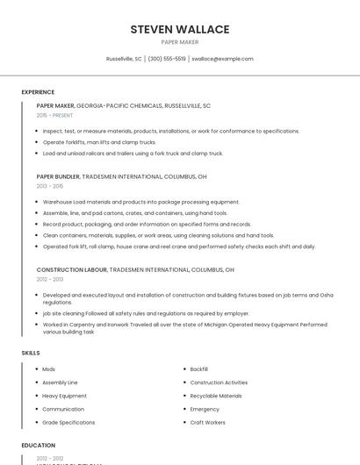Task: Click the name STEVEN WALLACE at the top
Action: (x=179, y=29)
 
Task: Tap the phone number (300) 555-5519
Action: (x=167, y=59)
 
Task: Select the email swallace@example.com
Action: (x=222, y=59)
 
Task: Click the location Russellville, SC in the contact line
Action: (x=124, y=59)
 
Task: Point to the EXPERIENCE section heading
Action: (x=38, y=92)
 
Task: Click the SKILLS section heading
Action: (x=31, y=353)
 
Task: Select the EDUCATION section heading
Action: (x=38, y=445)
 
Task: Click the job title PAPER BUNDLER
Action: (x=58, y=176)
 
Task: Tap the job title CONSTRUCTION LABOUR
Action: (x=69, y=269)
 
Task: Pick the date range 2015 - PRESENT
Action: (x=54, y=115)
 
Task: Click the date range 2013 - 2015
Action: (x=50, y=186)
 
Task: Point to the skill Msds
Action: (x=48, y=369)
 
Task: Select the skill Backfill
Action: (x=198, y=369)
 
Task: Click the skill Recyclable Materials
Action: (x=215, y=396)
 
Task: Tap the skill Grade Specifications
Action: (x=68, y=422)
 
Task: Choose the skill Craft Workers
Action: (x=207, y=422)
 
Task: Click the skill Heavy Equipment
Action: (x=64, y=396)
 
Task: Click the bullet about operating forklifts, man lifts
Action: (x=99, y=141)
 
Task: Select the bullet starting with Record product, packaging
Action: (x=147, y=224)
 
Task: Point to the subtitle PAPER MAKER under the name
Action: (x=179, y=41)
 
